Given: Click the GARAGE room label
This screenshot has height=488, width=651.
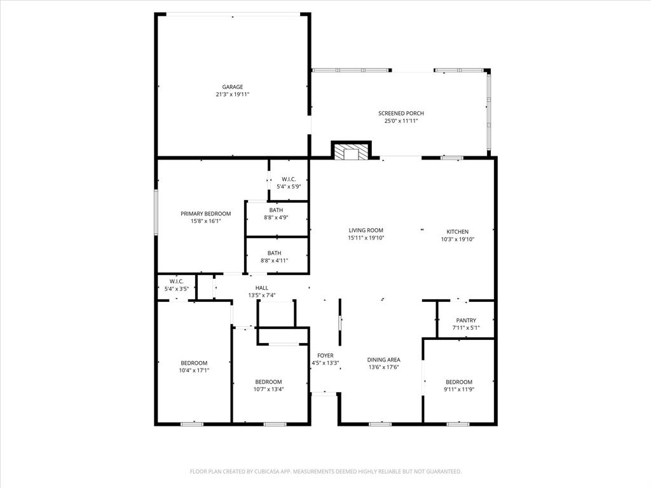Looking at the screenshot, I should pyautogui.click(x=232, y=87).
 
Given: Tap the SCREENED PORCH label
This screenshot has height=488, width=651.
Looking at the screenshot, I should pyautogui.click(x=401, y=113).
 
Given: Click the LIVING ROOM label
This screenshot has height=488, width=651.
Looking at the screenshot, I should pyautogui.click(x=366, y=231).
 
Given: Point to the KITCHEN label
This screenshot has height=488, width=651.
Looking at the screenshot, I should pyautogui.click(x=458, y=232).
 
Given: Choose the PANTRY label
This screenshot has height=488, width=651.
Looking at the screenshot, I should pyautogui.click(x=466, y=321).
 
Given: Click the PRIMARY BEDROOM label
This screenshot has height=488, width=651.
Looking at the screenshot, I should pyautogui.click(x=205, y=214).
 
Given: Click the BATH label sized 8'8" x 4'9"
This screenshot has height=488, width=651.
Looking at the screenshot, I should pyautogui.click(x=275, y=210).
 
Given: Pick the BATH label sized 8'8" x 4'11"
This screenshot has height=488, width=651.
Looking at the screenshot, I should pyautogui.click(x=274, y=253).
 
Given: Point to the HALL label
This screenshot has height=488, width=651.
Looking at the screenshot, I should pyautogui.click(x=261, y=288).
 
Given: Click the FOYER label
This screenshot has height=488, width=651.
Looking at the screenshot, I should pyautogui.click(x=325, y=356).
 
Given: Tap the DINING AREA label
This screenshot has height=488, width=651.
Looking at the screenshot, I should pyautogui.click(x=383, y=360).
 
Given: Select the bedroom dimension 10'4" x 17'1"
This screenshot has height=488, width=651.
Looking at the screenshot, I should pyautogui.click(x=194, y=370).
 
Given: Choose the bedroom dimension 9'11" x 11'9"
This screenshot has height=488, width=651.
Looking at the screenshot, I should pyautogui.click(x=458, y=389).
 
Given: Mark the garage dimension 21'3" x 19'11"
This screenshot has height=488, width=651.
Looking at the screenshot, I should pyautogui.click(x=232, y=95).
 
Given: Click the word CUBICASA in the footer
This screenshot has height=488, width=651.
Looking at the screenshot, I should pyautogui.click(x=262, y=471).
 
